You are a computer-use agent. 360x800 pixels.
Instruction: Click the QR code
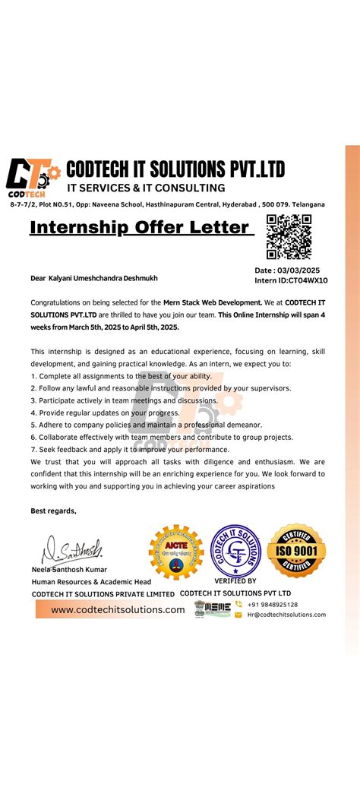(x=289, y=237)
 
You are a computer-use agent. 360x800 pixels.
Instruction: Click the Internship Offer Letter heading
(x=140, y=227)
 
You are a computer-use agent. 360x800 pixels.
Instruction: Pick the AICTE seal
(x=176, y=551)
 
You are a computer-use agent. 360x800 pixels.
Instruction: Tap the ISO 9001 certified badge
(x=296, y=550)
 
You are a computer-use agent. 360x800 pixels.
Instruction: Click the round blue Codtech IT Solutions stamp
(x=235, y=550)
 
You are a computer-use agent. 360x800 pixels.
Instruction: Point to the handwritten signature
(x=72, y=548)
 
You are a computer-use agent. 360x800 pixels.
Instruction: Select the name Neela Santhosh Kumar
(x=69, y=569)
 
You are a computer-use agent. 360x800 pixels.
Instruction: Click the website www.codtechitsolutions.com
(x=118, y=609)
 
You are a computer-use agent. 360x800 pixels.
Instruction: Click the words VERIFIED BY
(x=235, y=581)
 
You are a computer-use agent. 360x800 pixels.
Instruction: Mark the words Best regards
(x=53, y=511)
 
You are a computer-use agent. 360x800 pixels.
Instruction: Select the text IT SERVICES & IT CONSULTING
(x=146, y=188)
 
